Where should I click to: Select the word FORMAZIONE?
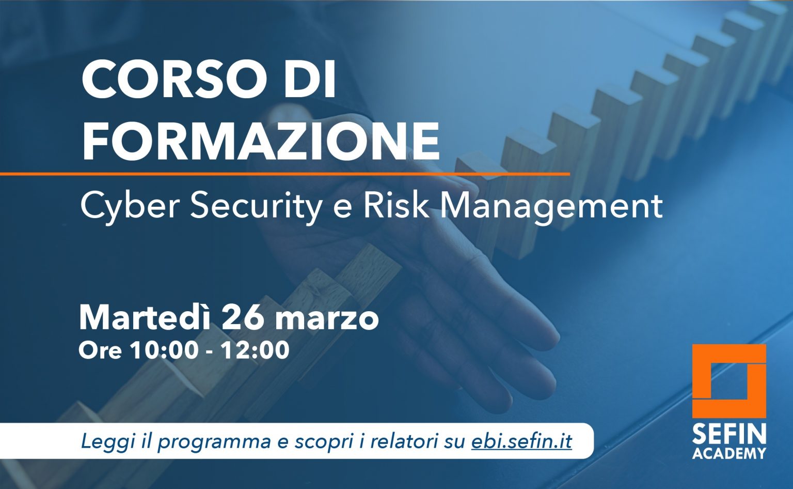point(261,141)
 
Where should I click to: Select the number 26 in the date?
point(243,318)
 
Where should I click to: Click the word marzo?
point(327,320)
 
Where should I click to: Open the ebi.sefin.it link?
point(521,441)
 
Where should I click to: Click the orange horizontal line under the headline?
point(285,174)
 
